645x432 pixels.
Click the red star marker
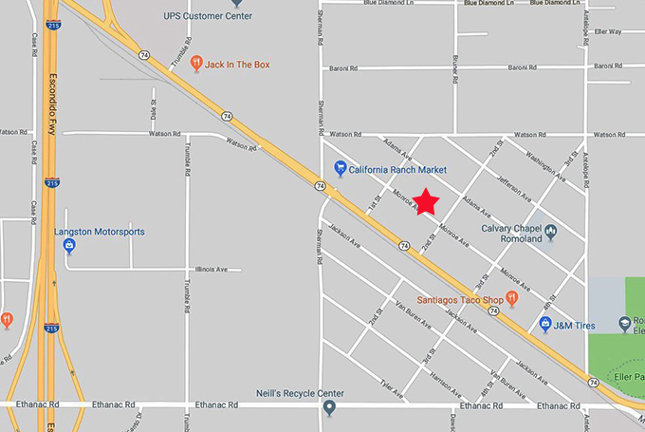tap(427, 201)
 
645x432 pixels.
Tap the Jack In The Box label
tap(238, 65)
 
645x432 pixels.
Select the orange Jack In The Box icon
tap(195, 64)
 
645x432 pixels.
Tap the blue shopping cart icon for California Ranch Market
tap(341, 169)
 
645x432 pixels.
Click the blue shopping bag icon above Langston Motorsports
tap(69, 247)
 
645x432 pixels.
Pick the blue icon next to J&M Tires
tap(545, 326)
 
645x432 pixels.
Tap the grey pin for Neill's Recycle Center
tap(329, 408)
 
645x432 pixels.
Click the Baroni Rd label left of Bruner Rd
tap(341, 68)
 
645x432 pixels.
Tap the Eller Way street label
tap(608, 31)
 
